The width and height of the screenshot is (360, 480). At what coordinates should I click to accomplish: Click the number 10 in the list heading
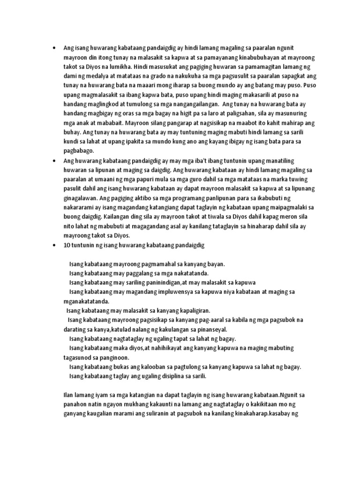coord(66,245)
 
